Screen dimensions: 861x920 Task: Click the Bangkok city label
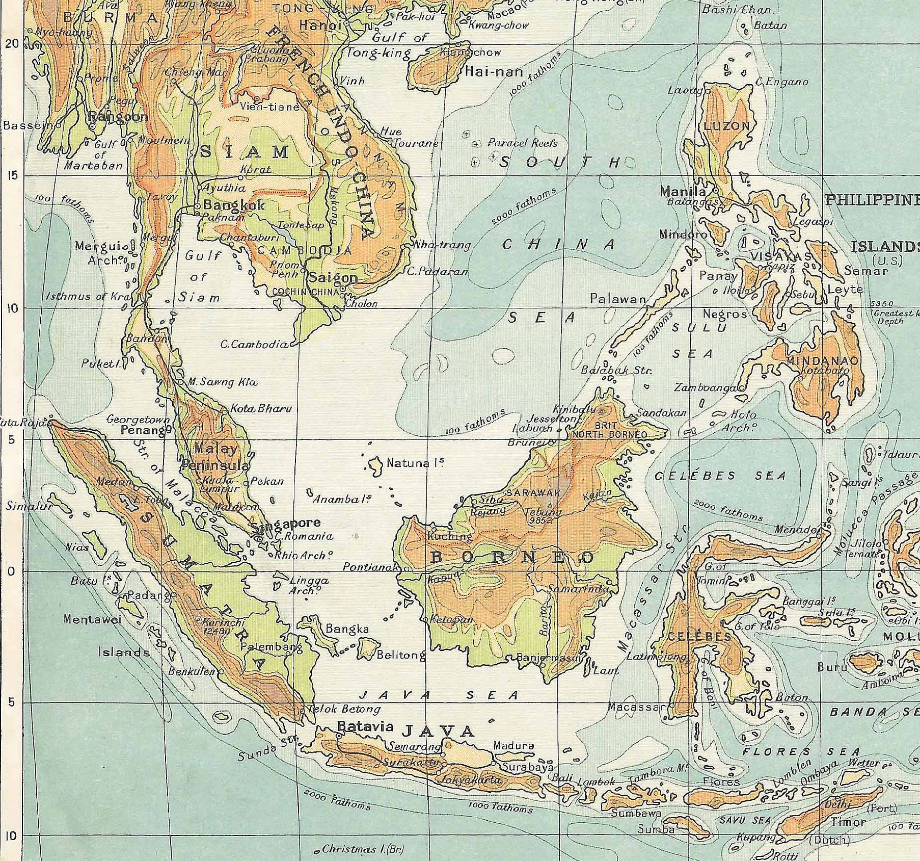[x=234, y=205]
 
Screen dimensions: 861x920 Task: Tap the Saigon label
[x=333, y=278]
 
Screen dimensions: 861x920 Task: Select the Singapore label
[x=287, y=523]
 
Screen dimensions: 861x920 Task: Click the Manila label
[x=683, y=192]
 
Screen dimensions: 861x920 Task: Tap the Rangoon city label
[x=118, y=116]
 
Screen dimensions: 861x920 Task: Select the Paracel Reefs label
[x=522, y=143]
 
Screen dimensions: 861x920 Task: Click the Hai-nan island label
[x=494, y=72]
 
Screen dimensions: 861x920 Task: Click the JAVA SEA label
[x=439, y=695]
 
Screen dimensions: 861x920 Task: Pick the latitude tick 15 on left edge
[x=12, y=175]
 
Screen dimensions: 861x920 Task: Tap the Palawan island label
[x=617, y=299]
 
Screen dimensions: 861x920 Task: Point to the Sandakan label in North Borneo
[x=661, y=412]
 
